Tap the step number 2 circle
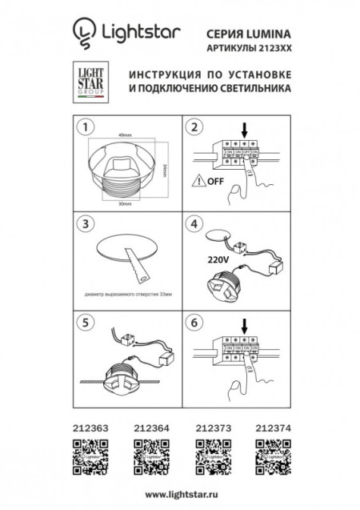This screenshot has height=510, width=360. [194, 127]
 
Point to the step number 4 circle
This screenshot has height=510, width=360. [194, 223]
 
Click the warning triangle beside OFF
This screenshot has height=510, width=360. [196, 181]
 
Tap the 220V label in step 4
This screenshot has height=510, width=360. [206, 259]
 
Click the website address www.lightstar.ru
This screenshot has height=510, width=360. [179, 495]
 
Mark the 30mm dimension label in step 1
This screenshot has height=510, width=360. [122, 204]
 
